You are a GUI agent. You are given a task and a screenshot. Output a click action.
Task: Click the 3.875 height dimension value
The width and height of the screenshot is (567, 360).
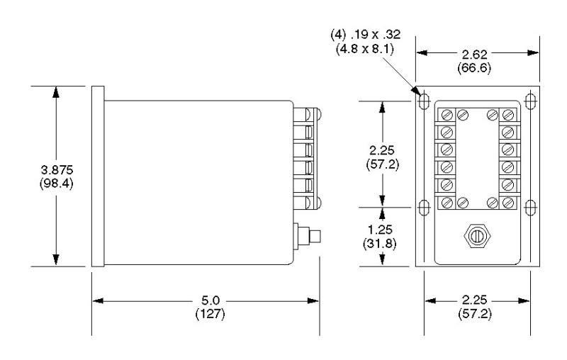56,171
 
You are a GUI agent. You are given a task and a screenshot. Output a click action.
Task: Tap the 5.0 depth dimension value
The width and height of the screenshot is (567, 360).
210,301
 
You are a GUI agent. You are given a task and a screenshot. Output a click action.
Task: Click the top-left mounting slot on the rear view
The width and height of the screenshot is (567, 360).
424,101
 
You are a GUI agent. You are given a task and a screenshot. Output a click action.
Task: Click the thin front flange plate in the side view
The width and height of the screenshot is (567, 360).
99,177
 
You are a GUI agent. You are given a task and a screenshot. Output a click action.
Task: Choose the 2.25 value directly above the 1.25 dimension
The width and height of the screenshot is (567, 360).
383,151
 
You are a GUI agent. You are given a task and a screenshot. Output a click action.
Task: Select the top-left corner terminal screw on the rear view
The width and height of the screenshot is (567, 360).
447,114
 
